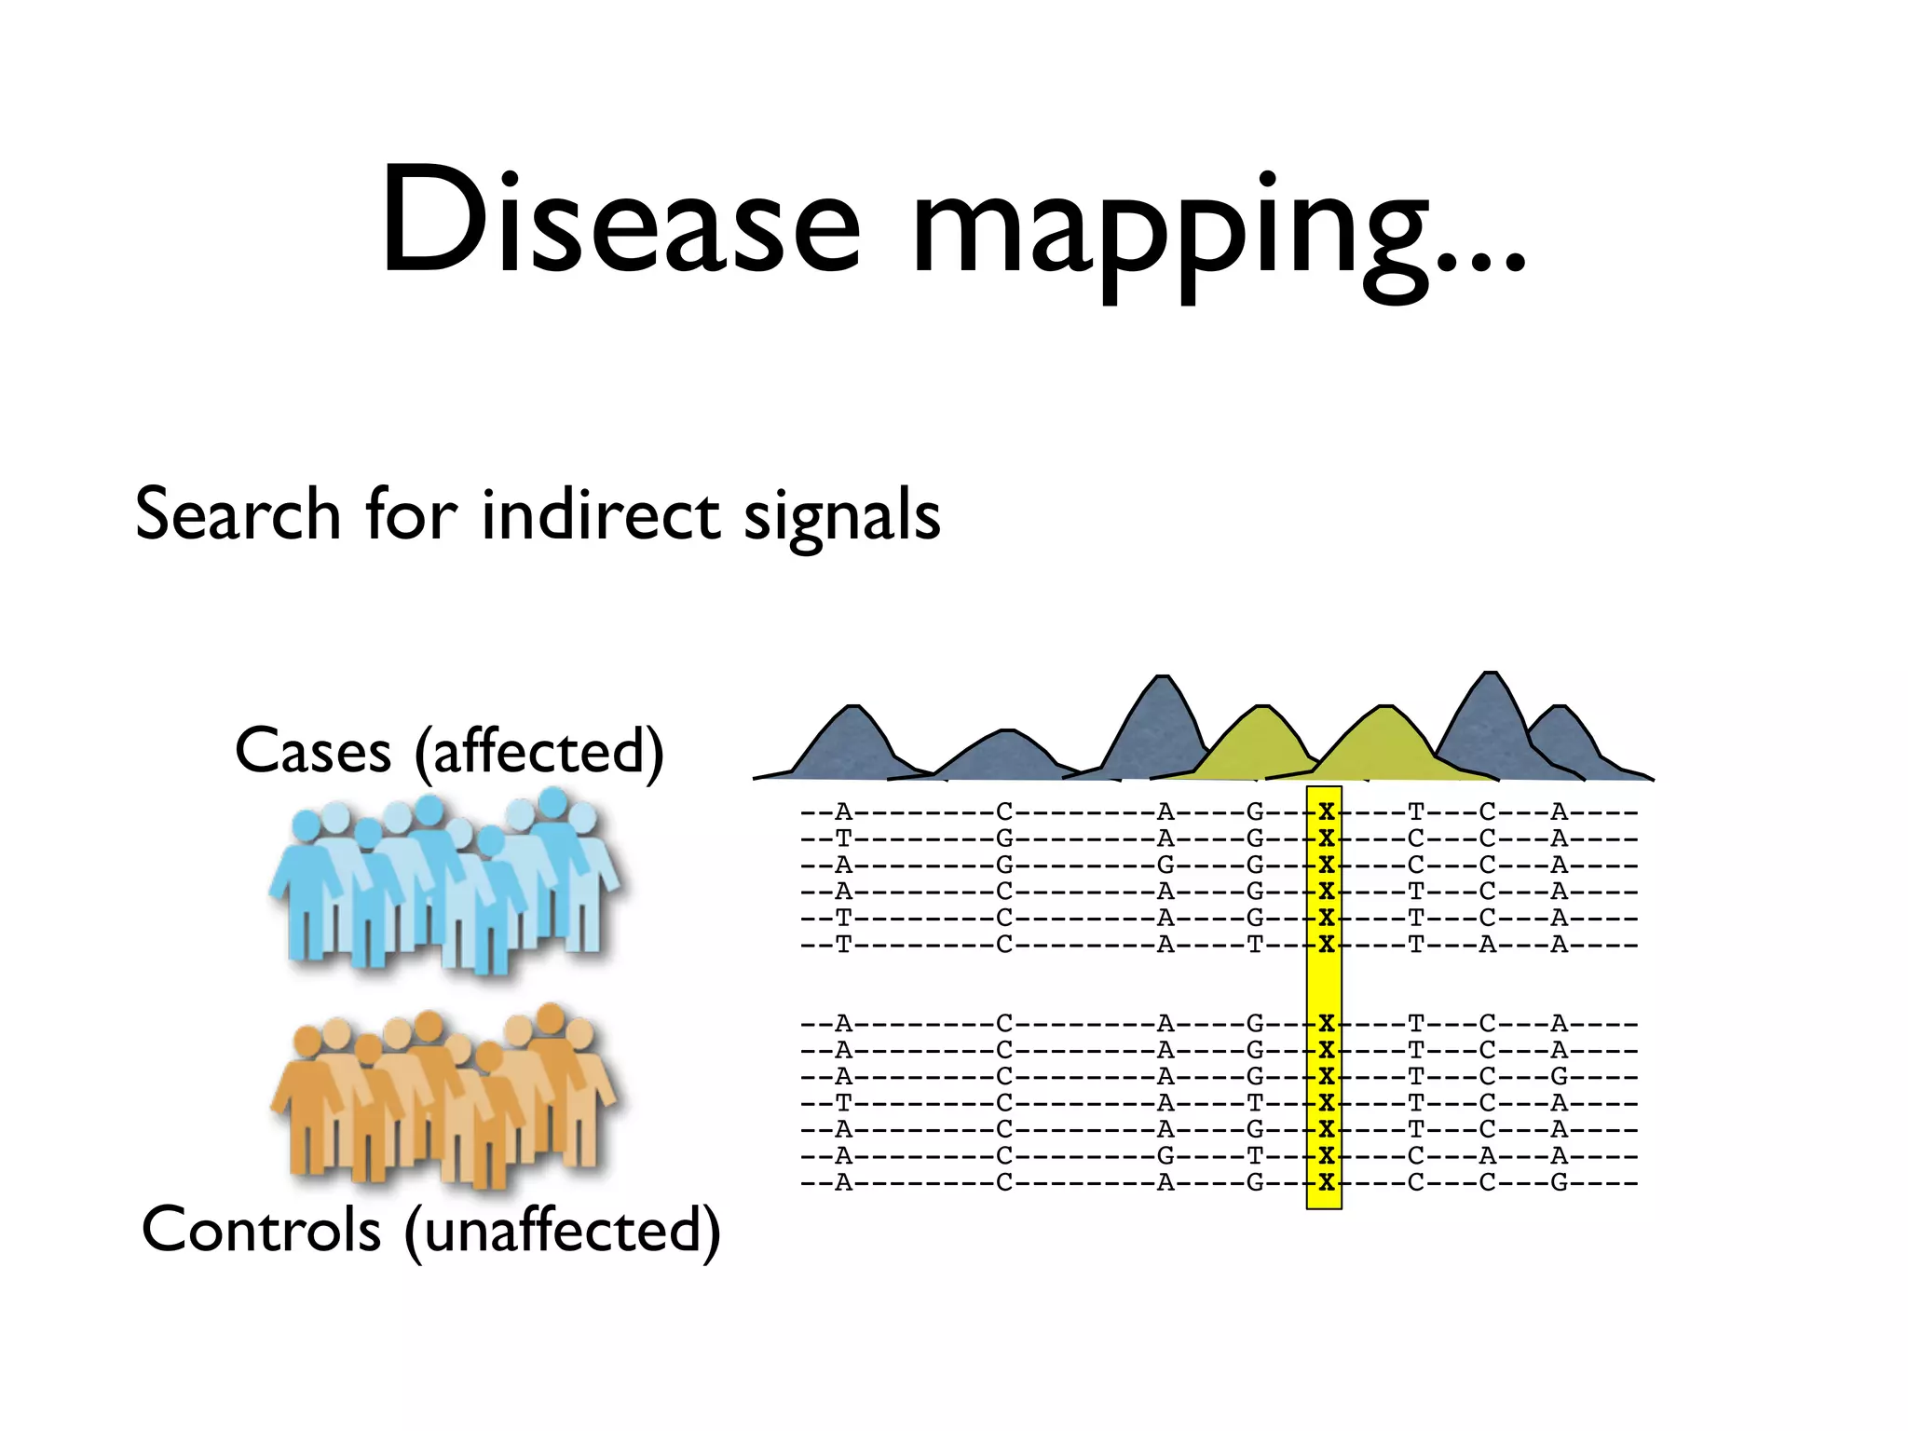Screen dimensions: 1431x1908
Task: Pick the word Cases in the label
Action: click(313, 751)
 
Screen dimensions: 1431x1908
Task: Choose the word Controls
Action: click(261, 1229)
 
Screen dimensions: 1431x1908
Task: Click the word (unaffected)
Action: click(562, 1231)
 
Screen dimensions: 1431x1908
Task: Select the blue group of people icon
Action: click(445, 880)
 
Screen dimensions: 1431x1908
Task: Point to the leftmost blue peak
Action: click(850, 745)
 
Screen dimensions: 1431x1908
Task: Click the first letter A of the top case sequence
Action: click(843, 811)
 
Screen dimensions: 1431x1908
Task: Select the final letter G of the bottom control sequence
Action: click(1559, 1183)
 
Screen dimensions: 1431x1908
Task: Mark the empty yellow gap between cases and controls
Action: click(1324, 984)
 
